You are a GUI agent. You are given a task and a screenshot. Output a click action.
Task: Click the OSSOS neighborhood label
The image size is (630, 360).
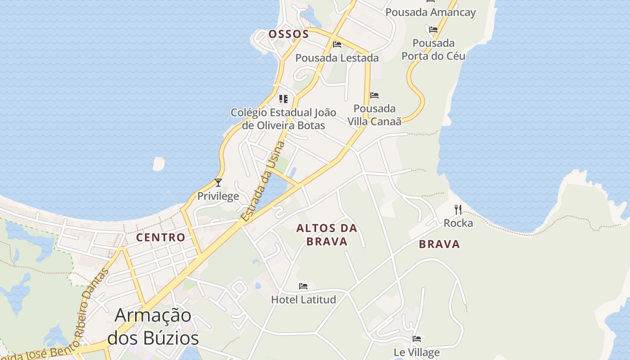coord(288,34)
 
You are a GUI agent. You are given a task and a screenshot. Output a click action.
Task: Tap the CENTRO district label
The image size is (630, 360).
coord(161,237)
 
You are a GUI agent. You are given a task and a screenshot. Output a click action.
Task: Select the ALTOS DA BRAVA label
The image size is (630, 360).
coord(327,235)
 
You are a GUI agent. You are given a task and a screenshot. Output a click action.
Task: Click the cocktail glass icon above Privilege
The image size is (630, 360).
coord(218,182)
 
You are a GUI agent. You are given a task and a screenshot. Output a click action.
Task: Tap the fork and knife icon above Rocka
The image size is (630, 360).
coord(458,209)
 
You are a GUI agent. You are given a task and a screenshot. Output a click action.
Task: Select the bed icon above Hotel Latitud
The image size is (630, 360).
coord(303,286)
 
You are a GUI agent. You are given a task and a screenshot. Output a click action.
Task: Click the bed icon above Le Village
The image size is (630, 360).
coord(417,338)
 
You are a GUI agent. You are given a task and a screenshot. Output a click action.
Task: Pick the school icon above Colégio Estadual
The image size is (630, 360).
coord(283,99)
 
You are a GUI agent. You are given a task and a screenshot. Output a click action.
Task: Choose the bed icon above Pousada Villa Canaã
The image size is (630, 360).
coord(374,95)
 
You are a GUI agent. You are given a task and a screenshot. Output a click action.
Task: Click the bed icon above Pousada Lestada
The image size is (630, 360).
coord(337,44)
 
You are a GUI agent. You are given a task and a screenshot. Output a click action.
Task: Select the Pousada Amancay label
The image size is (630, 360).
coord(430,12)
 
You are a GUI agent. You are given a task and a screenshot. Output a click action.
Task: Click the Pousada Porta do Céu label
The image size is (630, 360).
coord(433,49)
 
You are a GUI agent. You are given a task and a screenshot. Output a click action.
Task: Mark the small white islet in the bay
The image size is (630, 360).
coord(158,164)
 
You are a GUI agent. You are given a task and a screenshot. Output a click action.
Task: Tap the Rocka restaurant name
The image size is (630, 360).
coord(458,223)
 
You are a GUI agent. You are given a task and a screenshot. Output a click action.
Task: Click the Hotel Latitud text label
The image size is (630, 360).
coord(303,299)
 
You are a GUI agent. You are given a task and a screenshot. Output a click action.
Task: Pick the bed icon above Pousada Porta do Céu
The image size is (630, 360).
coord(433,30)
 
